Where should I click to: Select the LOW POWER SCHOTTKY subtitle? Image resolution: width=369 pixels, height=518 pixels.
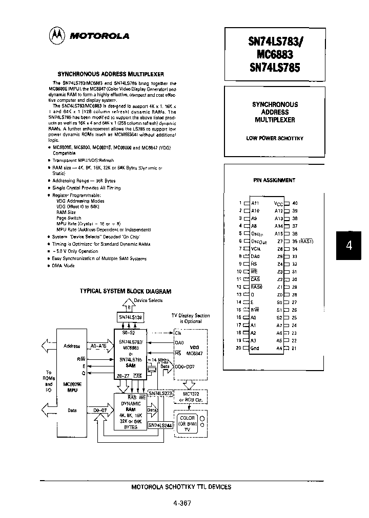(275, 139)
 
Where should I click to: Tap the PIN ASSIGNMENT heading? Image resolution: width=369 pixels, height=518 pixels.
(274, 180)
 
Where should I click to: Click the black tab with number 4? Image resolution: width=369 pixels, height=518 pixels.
(349, 245)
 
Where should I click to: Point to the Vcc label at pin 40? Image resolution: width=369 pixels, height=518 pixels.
(278, 203)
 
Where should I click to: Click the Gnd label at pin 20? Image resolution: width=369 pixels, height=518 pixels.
(255, 348)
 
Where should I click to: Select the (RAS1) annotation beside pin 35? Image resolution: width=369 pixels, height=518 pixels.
(306, 241)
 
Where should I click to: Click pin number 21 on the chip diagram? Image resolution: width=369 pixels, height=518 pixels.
(294, 348)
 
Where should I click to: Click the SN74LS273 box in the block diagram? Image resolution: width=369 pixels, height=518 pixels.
(160, 393)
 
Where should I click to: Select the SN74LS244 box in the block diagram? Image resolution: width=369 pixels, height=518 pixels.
(160, 424)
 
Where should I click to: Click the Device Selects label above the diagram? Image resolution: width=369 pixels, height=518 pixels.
(148, 300)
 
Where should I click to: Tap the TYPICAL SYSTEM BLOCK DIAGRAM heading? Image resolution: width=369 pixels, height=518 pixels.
(125, 291)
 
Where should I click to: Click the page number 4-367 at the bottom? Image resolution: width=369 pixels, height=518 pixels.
(182, 503)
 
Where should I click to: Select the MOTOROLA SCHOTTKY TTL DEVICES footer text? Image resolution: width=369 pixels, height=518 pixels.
(181, 487)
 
